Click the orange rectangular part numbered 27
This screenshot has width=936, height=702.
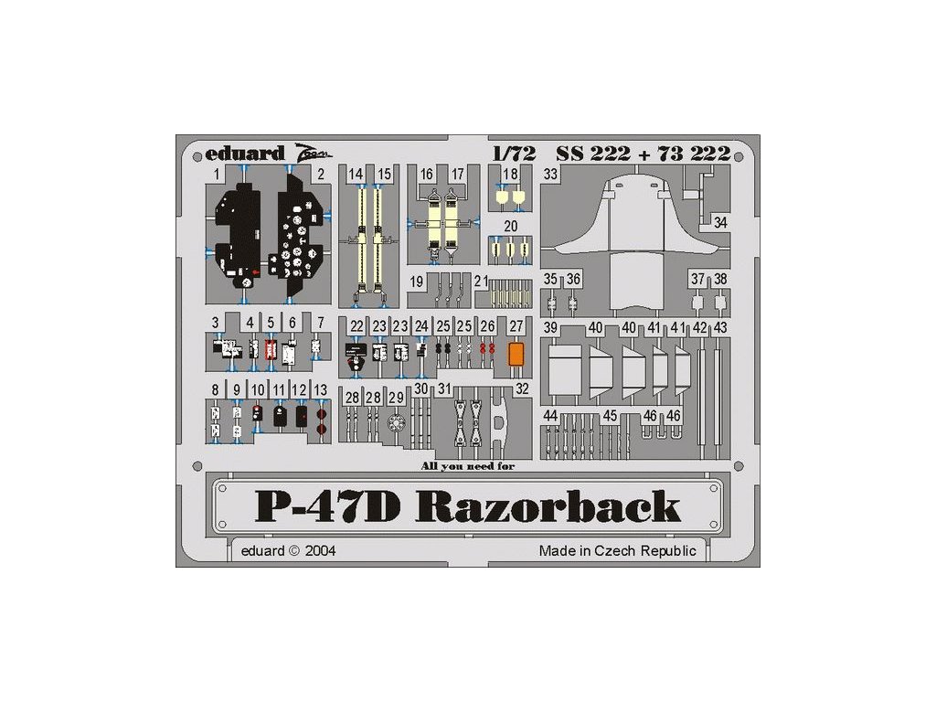coord(516,354)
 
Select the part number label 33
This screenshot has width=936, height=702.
coord(551,174)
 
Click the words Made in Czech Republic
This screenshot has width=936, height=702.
coord(617,551)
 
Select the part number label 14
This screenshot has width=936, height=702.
coord(356,174)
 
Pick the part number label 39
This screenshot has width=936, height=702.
coord(551,327)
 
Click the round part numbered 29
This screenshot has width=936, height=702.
coord(396,424)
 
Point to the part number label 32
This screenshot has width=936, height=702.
coord(522,388)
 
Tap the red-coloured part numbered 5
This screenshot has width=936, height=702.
coord(271,349)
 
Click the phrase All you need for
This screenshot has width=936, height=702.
coord(468,466)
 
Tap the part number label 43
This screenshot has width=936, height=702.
coord(721,327)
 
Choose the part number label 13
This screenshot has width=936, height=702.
coord(320,390)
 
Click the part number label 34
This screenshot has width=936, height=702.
coord(721,223)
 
